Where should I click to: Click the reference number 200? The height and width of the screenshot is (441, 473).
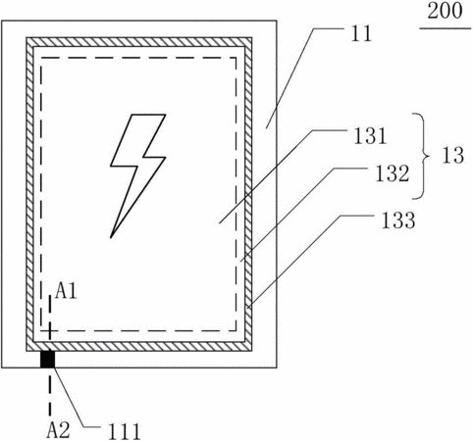(445, 11)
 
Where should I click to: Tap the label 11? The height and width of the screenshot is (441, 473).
(361, 33)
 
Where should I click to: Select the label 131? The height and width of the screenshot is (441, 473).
(370, 136)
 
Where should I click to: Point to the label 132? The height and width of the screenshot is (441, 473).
(392, 173)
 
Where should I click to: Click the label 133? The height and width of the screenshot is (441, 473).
(398, 220)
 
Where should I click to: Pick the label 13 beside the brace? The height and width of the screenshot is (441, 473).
(453, 156)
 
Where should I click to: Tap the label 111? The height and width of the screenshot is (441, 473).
(125, 431)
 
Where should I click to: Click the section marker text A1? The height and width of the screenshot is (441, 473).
(66, 291)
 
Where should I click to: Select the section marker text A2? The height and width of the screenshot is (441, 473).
(58, 430)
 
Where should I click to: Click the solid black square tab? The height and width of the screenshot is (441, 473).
(47, 360)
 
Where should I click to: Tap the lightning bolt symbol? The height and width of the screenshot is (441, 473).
(137, 175)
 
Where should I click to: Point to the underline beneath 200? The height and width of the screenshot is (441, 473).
(446, 28)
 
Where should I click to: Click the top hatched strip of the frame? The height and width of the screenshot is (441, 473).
(139, 42)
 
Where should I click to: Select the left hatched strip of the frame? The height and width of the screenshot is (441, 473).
(30, 194)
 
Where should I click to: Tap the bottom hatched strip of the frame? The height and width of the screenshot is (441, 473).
(139, 347)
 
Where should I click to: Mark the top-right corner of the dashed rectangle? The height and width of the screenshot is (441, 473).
(236, 58)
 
